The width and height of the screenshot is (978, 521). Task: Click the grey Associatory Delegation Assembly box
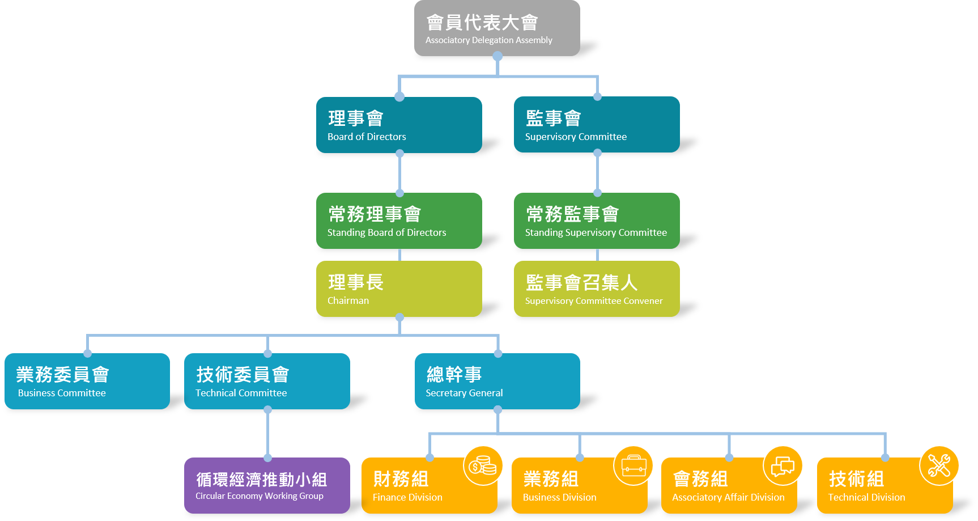point(497,28)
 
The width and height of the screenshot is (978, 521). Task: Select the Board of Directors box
point(399,125)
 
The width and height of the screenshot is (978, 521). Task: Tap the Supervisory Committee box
point(597,125)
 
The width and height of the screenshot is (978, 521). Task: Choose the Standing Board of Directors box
point(399,221)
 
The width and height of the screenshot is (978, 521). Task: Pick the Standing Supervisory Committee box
point(597,221)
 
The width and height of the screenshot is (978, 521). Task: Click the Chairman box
point(399,289)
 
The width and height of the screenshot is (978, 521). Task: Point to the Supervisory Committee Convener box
point(597,289)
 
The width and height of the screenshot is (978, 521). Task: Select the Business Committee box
point(87,381)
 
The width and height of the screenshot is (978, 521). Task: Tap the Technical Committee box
point(267,381)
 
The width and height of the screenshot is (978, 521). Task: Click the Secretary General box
point(497,381)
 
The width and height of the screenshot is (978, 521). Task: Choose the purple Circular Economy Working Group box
point(267,485)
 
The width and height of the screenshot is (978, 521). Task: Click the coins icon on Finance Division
point(483,466)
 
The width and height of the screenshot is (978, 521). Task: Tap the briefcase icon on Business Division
point(633,466)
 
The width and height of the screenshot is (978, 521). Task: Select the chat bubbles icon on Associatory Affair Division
point(783,466)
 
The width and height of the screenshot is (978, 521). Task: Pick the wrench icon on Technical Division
point(939,466)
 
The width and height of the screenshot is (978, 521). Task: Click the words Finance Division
point(407,497)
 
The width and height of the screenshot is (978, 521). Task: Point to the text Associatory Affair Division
point(728,497)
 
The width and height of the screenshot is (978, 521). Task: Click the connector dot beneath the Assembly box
point(497,56)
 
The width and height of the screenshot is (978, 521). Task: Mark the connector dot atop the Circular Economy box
point(267,458)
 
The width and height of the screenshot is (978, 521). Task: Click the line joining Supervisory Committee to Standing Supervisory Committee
point(597,173)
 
